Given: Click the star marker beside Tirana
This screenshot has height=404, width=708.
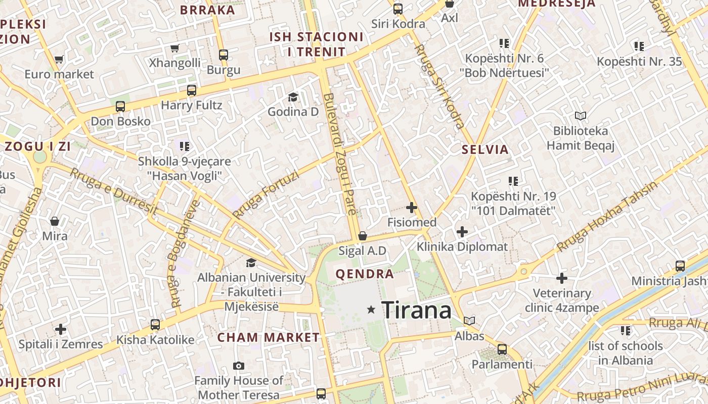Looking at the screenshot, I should pyautogui.click(x=372, y=310).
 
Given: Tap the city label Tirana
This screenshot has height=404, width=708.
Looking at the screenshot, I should pyautogui.click(x=416, y=310).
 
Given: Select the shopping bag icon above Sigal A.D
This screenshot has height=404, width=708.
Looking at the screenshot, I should pyautogui.click(x=362, y=236).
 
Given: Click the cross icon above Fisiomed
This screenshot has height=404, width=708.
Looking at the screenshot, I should pyautogui.click(x=412, y=208).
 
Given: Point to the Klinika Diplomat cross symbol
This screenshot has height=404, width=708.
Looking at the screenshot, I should pyautogui.click(x=462, y=232).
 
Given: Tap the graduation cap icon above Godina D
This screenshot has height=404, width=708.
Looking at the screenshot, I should pyautogui.click(x=293, y=97).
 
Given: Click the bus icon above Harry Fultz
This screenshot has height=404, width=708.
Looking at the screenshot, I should pyautogui.click(x=192, y=90).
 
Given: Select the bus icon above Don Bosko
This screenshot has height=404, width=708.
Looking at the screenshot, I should pyautogui.click(x=120, y=107).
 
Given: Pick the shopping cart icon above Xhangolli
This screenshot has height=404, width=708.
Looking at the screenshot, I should pyautogui.click(x=175, y=48).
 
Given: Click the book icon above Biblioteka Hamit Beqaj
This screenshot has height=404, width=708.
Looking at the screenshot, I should pyautogui.click(x=580, y=116).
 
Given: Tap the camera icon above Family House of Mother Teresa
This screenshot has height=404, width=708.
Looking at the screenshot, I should pyautogui.click(x=239, y=366).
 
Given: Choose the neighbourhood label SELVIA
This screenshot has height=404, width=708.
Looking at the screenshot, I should pyautogui.click(x=485, y=149).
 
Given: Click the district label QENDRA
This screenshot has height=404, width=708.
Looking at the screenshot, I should pyautogui.click(x=365, y=274).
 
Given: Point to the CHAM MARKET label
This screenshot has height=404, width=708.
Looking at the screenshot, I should pyautogui.click(x=269, y=337).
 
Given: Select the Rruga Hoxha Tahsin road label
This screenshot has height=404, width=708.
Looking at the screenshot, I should pyautogui.click(x=607, y=216).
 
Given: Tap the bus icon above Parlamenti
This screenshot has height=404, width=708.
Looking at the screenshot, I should pyautogui.click(x=502, y=349).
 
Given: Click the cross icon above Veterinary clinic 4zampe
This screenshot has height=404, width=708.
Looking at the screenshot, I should pyautogui.click(x=562, y=278).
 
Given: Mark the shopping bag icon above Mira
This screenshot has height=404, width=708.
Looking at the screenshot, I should pyautogui.click(x=55, y=221).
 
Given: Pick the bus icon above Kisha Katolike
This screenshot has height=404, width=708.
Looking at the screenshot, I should pyautogui.click(x=155, y=325).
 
